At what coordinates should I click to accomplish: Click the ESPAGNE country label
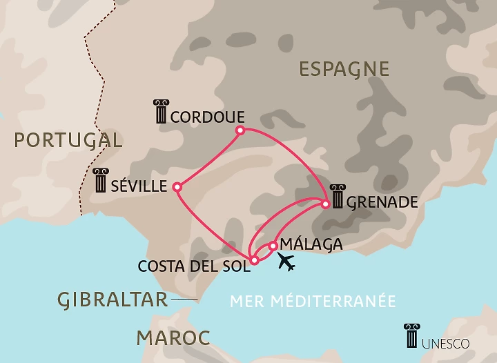coord(344,69)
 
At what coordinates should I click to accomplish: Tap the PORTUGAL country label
coord(68,140)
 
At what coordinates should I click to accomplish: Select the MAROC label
coord(173,338)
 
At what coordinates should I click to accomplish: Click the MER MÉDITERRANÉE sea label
coord(313,301)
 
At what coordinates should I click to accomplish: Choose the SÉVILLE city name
coord(140,186)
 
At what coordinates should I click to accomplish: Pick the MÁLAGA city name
coord(313,245)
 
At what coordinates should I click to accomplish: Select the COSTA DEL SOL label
coord(193,266)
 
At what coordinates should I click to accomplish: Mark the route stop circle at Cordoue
coord(240,130)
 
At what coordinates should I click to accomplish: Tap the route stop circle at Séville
coord(177,186)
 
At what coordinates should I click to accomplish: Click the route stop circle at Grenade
coord(326,204)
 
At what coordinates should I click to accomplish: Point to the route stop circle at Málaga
coord(273,245)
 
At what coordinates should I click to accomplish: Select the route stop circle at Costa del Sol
coord(255,260)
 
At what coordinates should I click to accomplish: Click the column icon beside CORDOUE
coord(161,112)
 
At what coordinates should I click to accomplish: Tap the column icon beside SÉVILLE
coord(101,181)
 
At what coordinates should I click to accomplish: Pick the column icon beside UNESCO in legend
coord(412,336)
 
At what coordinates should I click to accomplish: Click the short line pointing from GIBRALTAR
coord(184,300)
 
